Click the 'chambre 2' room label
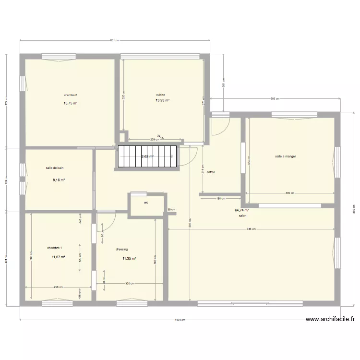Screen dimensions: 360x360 (71, 95)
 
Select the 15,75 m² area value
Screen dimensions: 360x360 (71, 103)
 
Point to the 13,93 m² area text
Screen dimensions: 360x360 (162, 100)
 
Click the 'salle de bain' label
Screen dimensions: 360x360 (55, 168)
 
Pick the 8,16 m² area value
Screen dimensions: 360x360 (59, 180)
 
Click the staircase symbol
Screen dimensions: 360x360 (148, 156)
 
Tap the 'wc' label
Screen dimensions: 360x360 (146, 203)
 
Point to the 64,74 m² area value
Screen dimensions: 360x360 (241, 210)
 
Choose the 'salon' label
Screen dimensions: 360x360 (242, 216)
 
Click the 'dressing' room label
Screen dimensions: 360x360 (122, 249)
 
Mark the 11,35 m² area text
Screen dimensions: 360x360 (129, 258)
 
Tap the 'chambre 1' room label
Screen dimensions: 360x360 (54, 248)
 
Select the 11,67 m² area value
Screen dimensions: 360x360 (59, 257)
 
